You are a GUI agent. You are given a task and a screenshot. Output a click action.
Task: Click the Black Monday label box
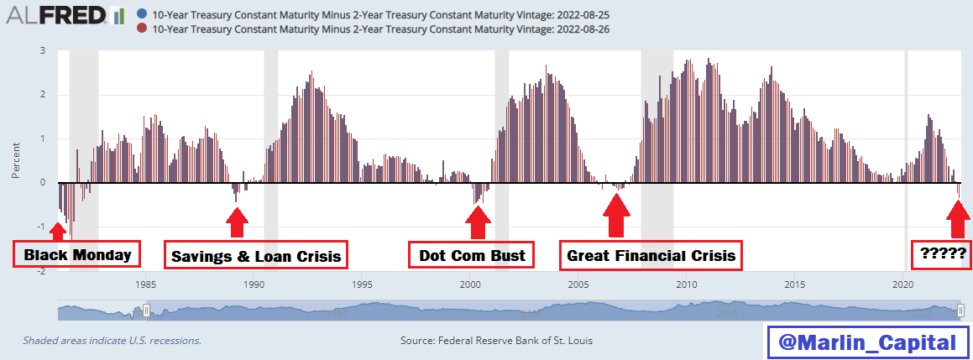tap(76, 255)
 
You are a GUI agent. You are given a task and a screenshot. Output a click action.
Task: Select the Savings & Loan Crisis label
tap(256, 256)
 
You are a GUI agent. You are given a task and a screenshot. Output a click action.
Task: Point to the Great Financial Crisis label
tap(651, 255)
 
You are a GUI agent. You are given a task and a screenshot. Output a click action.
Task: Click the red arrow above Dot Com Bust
tap(479, 222)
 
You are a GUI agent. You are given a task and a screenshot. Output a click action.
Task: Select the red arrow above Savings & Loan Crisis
tap(238, 222)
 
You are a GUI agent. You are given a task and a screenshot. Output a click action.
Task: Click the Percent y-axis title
tap(16, 160)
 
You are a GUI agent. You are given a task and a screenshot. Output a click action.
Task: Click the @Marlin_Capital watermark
tap(866, 342)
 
